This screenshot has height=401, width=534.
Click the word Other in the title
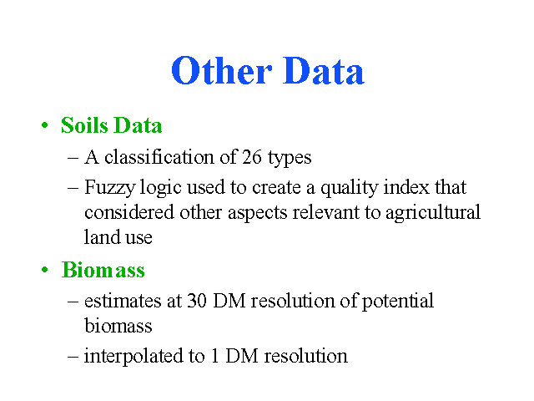(x=222, y=70)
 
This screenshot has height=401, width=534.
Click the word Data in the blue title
(x=324, y=70)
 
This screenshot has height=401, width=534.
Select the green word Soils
(x=84, y=125)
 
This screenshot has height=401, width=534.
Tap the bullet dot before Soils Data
(x=44, y=125)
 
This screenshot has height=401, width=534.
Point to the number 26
(x=252, y=157)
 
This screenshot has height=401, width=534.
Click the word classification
(x=159, y=157)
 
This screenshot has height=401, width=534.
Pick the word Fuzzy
(x=109, y=187)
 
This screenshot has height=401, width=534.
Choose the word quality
(x=350, y=188)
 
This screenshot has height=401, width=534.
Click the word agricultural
(x=433, y=213)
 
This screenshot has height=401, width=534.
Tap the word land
(x=102, y=236)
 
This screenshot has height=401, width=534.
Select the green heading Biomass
(x=103, y=270)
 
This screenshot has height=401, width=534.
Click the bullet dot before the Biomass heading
(x=44, y=270)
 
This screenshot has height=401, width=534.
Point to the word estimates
(x=123, y=301)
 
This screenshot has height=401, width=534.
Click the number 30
(x=197, y=301)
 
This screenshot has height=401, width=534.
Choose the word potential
(x=397, y=302)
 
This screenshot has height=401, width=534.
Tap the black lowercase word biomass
(x=118, y=326)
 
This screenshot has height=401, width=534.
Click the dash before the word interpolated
(x=73, y=357)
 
